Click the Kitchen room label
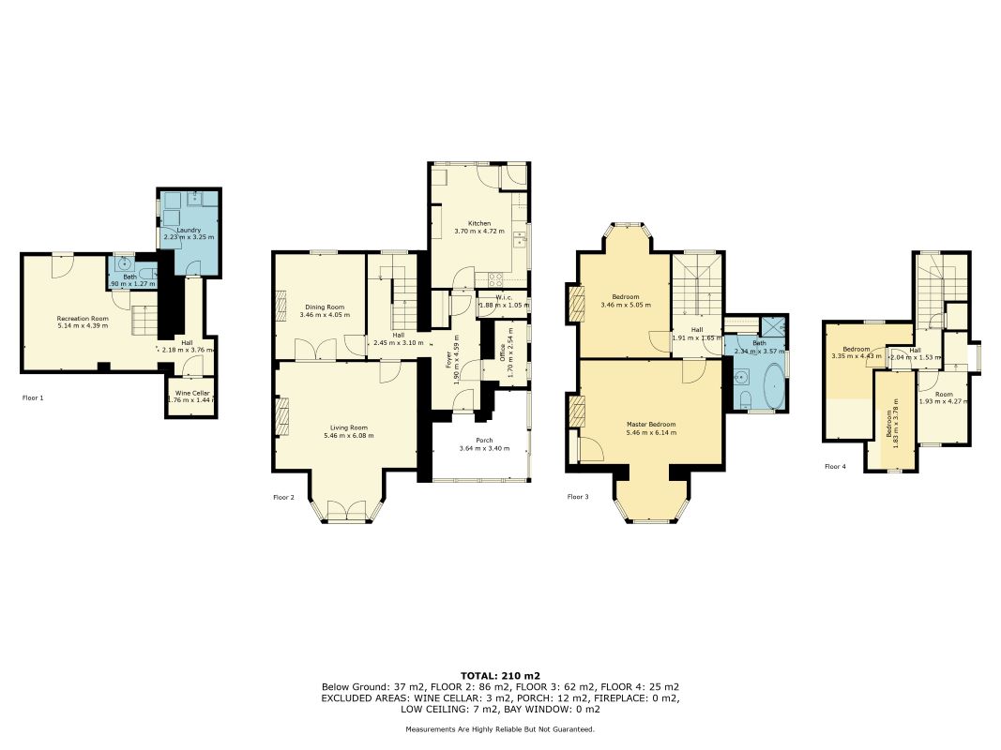pyautogui.click(x=479, y=224)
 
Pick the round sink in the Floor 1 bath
pyautogui.click(x=124, y=264)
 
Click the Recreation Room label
pyautogui.click(x=83, y=319)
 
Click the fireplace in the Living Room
pyautogui.click(x=282, y=415)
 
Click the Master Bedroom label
pyautogui.click(x=651, y=425)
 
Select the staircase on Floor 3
pyautogui.click(x=696, y=291)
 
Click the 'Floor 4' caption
pyautogui.click(x=835, y=466)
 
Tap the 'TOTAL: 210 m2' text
pyautogui.click(x=500, y=676)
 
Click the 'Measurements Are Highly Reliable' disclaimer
pyautogui.click(x=500, y=729)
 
